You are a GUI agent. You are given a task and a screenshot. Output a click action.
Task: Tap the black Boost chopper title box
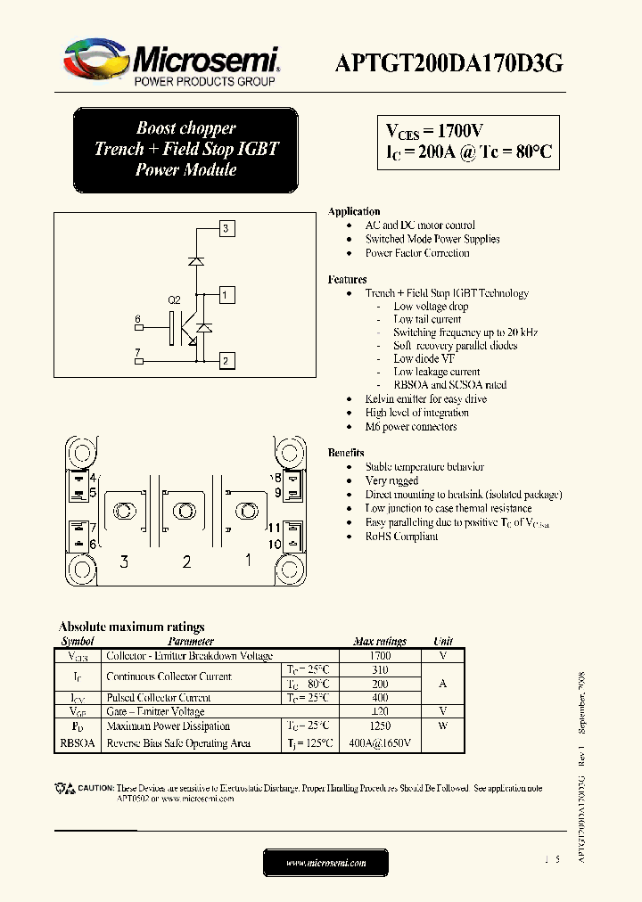185,149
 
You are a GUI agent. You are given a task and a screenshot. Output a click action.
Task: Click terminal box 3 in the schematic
226,229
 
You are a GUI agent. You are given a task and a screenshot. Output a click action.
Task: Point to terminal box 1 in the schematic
226,295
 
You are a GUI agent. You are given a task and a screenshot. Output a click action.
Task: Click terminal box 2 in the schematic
226,361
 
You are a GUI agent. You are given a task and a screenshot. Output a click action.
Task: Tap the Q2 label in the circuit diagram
175,300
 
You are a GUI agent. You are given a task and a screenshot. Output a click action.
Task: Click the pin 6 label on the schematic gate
138,319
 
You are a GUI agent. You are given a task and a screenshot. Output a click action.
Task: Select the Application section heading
354,211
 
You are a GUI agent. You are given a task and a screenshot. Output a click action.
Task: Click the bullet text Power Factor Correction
416,253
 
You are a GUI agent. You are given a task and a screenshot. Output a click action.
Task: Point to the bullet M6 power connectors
410,427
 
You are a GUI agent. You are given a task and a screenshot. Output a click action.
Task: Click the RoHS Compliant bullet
401,537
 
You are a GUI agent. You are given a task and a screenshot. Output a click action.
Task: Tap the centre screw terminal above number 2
185,511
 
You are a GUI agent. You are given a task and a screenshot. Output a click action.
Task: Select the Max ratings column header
379,641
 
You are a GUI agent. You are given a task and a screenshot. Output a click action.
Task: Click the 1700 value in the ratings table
379,655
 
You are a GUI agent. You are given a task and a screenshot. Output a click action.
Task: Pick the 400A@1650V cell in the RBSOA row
380,743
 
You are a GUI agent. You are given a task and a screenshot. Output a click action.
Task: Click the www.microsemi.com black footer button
325,863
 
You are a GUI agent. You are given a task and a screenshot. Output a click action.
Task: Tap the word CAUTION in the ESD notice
95,788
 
